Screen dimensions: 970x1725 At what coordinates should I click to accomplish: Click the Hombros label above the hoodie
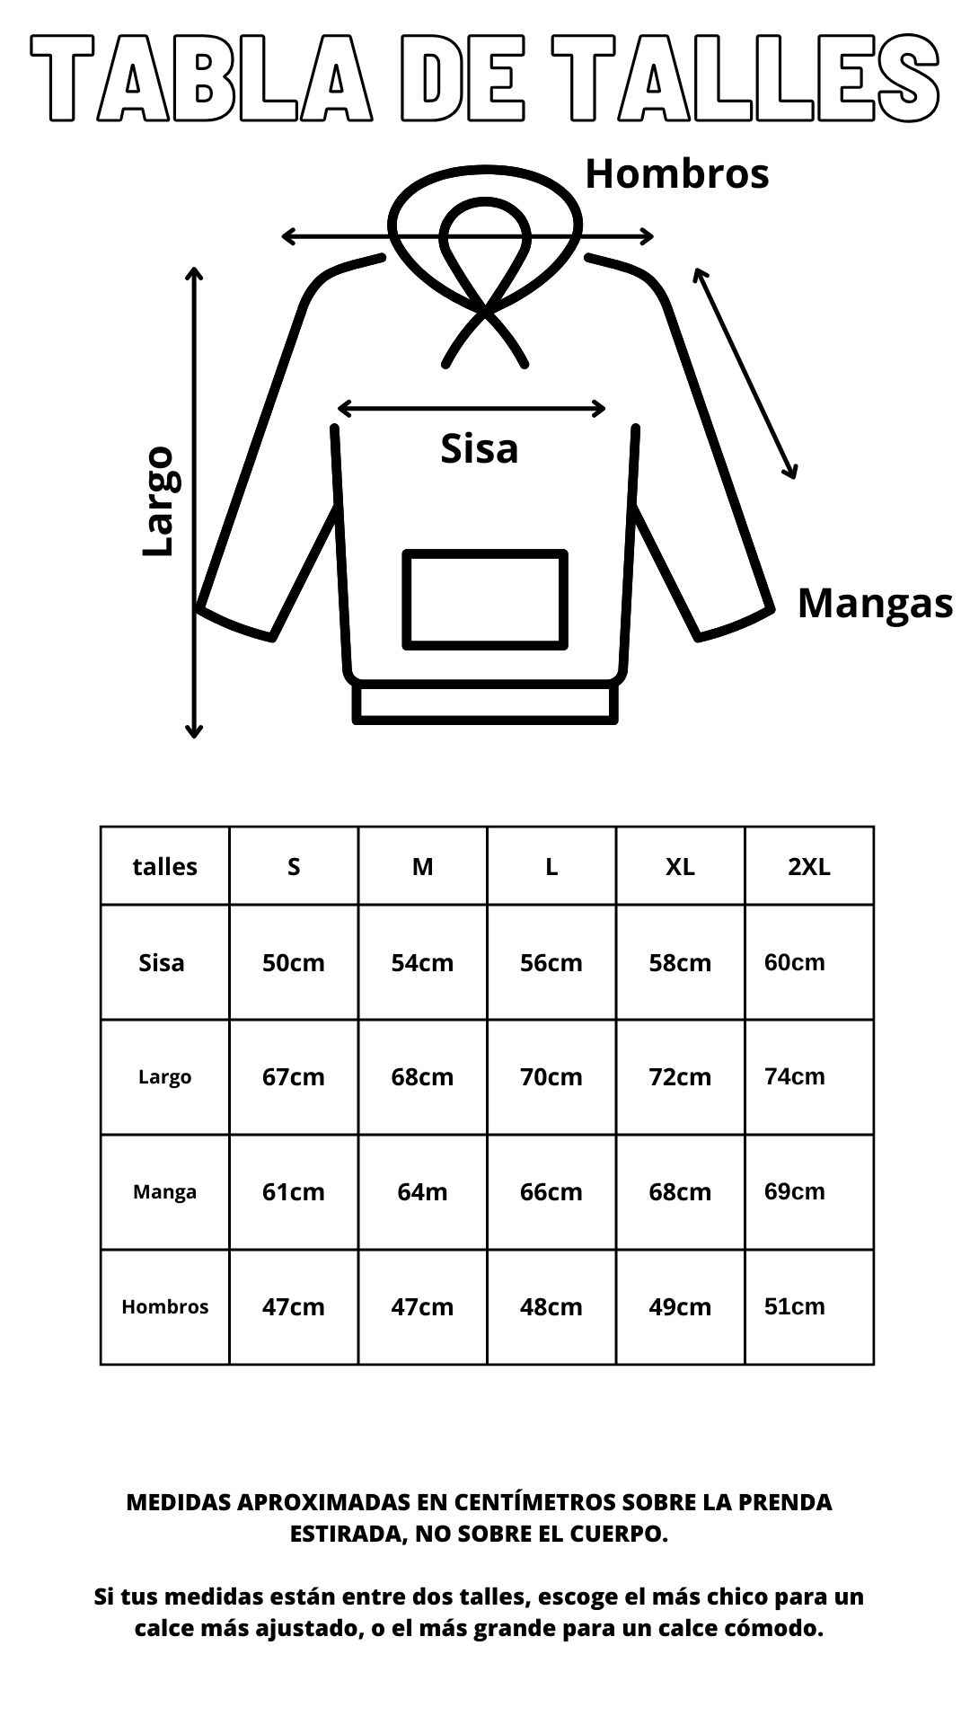pyautogui.click(x=677, y=173)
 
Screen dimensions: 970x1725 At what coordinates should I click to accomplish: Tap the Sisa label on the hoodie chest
pyautogui.click(x=479, y=448)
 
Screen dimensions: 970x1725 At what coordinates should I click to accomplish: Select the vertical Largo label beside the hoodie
pyautogui.click(x=160, y=500)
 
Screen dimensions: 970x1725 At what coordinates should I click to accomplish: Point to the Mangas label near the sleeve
pyautogui.click(x=875, y=603)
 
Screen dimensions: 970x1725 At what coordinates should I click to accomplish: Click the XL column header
pyautogui.click(x=680, y=867)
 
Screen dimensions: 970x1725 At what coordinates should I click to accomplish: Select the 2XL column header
pyautogui.click(x=809, y=867)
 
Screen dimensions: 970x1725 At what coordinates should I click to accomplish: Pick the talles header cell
pyautogui.click(x=164, y=867)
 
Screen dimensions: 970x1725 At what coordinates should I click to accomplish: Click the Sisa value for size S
pyautogui.click(x=294, y=963)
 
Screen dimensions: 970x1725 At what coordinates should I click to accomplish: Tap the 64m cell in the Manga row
pyautogui.click(x=422, y=1192)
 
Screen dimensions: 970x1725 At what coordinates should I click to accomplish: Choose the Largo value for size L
pyautogui.click(x=551, y=1077)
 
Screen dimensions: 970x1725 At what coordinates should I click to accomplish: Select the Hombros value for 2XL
pyautogui.click(x=794, y=1306)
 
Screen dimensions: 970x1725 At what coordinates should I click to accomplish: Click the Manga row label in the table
pyautogui.click(x=164, y=1192)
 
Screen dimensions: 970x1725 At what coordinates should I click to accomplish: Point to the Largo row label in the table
pyautogui.click(x=164, y=1077)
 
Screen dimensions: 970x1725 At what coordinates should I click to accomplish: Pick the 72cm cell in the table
pyautogui.click(x=680, y=1077)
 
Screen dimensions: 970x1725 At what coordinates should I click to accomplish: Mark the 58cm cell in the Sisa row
pyautogui.click(x=680, y=963)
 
